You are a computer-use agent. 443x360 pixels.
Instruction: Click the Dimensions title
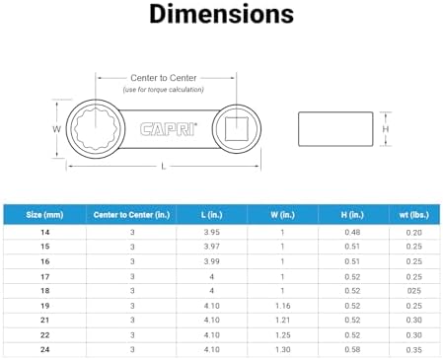[x=221, y=14]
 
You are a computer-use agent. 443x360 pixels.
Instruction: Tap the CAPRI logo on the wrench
[x=169, y=129]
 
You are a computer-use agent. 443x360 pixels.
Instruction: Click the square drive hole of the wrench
[x=237, y=129]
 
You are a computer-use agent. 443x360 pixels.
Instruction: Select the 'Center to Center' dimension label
[x=164, y=78]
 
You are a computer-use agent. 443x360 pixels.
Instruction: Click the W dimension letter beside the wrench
[x=56, y=129]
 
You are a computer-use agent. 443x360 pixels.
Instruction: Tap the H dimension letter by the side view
[x=386, y=129]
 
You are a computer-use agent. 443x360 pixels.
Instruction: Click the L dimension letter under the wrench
[x=164, y=167]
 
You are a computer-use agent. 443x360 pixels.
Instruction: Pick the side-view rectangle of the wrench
[x=335, y=129]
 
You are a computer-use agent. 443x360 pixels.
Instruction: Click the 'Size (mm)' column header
[x=44, y=215]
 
